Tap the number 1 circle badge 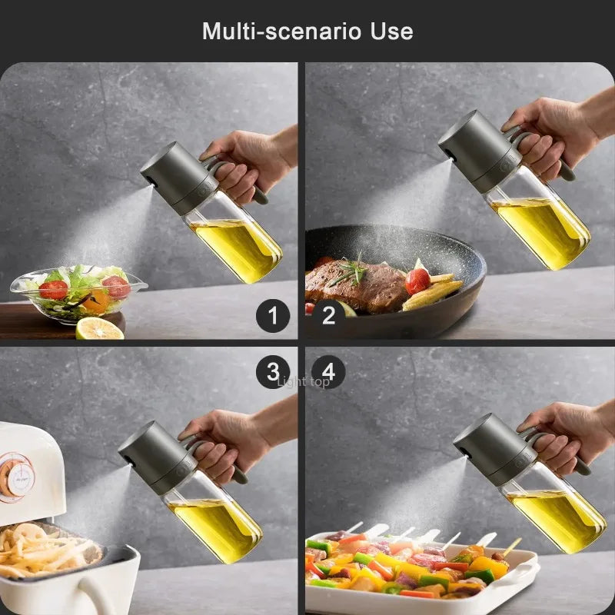(x=273, y=315)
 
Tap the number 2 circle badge (x=328, y=315)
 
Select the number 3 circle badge (x=273, y=373)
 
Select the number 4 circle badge (x=328, y=373)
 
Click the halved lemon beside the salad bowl (x=99, y=328)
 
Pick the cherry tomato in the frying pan (x=417, y=281)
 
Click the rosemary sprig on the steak (x=350, y=271)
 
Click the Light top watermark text (x=303, y=381)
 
